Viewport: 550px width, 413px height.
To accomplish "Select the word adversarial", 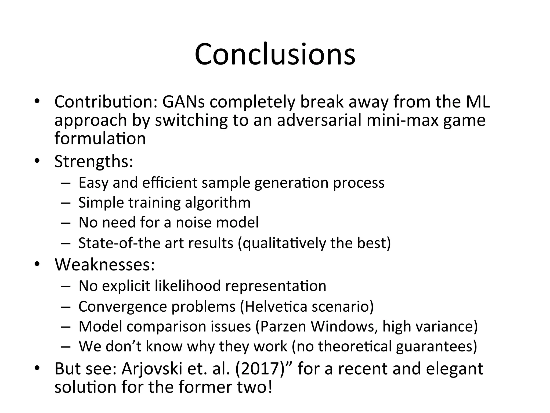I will tap(319, 120).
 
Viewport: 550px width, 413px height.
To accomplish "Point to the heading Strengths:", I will tap(94, 161).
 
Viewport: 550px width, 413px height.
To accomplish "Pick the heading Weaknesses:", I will tap(105, 265).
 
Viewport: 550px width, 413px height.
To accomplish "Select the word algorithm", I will tap(218, 202).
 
